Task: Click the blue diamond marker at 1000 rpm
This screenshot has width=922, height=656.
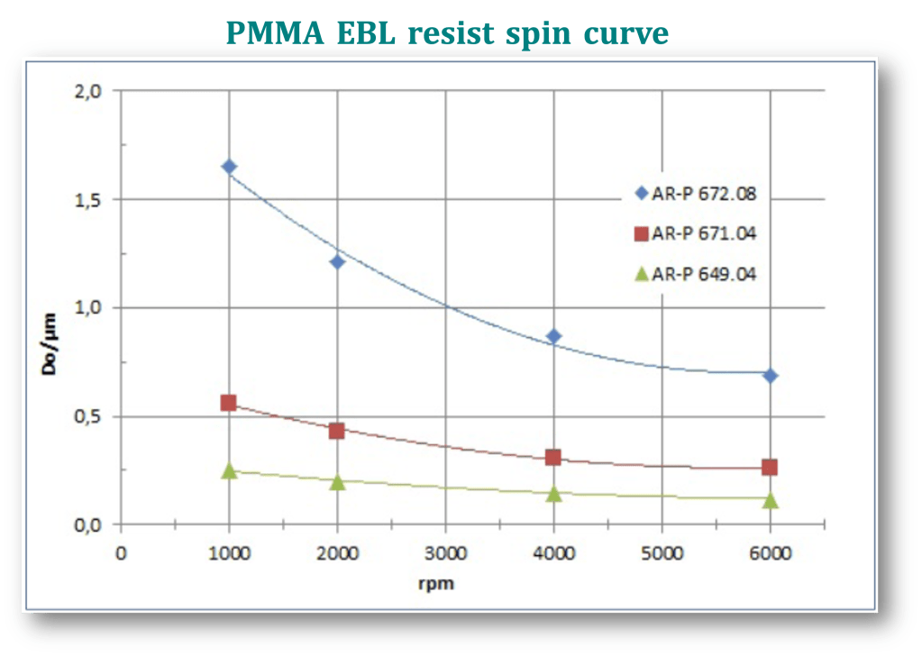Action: (x=229, y=167)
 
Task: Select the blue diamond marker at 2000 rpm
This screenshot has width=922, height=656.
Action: (x=337, y=262)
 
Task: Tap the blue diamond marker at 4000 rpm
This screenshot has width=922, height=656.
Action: (x=553, y=336)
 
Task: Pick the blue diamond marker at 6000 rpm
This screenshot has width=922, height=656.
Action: (x=770, y=375)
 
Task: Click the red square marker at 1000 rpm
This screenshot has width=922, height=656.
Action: (x=229, y=403)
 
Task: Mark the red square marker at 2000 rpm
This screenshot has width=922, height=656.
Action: (x=337, y=431)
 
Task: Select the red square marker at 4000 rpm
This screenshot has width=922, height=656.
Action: (x=553, y=458)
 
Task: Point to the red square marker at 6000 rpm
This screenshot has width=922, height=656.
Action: (x=770, y=467)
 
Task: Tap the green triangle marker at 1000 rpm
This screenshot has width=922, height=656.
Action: (x=229, y=470)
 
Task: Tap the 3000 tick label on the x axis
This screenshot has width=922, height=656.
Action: (x=445, y=552)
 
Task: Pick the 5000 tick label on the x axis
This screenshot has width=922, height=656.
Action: (x=662, y=552)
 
